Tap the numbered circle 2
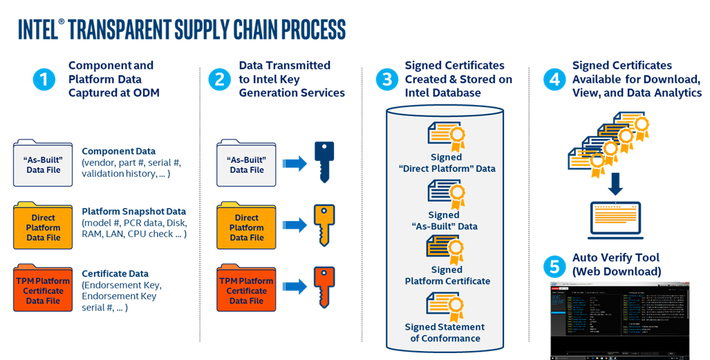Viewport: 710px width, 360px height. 219,80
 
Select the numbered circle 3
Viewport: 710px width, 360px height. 386,80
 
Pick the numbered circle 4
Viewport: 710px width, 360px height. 553,80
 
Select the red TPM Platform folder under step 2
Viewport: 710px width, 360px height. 247,287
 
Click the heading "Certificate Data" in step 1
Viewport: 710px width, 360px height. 115,274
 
